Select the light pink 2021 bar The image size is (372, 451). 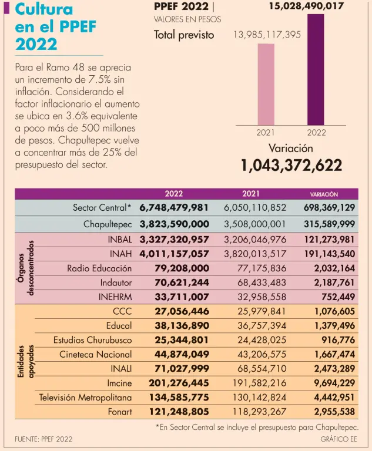266,84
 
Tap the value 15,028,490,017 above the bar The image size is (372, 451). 307,6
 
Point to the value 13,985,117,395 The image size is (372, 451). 267,35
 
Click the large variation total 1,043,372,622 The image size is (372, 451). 291,166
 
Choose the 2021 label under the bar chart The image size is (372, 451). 266,133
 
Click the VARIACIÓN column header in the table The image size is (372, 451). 324,194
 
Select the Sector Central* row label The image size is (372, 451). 102,208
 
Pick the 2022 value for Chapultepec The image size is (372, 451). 174,224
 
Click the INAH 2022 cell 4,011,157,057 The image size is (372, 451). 174,254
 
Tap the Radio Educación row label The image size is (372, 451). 99,268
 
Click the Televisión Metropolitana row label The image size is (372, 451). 85,398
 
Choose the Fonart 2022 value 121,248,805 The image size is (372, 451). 174,412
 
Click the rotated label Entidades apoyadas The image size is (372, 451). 24,362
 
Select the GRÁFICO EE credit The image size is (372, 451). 339,439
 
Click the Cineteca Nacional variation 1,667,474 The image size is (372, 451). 330,355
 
